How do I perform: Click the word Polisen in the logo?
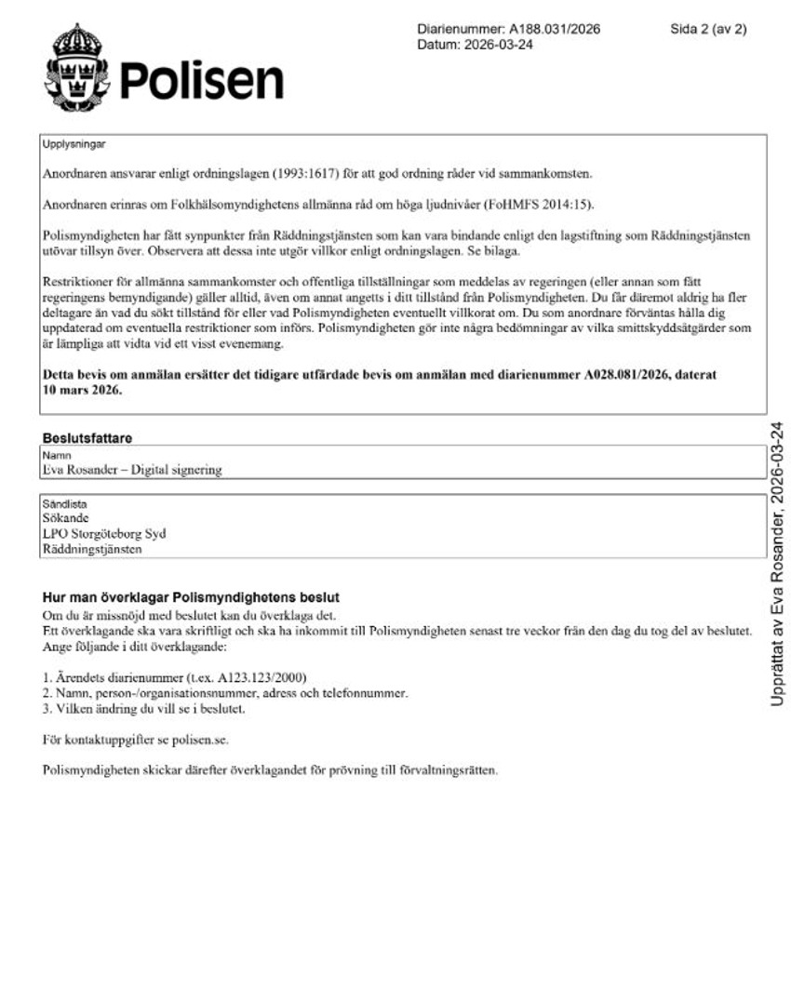pos(201,81)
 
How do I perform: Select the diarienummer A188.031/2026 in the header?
pos(555,29)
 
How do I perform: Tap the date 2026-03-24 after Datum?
pos(498,45)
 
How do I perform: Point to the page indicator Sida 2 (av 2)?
pos(708,29)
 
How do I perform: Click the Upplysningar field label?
pos(74,144)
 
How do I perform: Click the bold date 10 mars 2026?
pos(82,390)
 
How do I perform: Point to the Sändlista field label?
pos(63,502)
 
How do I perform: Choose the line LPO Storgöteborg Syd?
pos(104,533)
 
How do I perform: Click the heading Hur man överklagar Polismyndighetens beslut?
pos(191,596)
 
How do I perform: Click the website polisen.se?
pos(197,740)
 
